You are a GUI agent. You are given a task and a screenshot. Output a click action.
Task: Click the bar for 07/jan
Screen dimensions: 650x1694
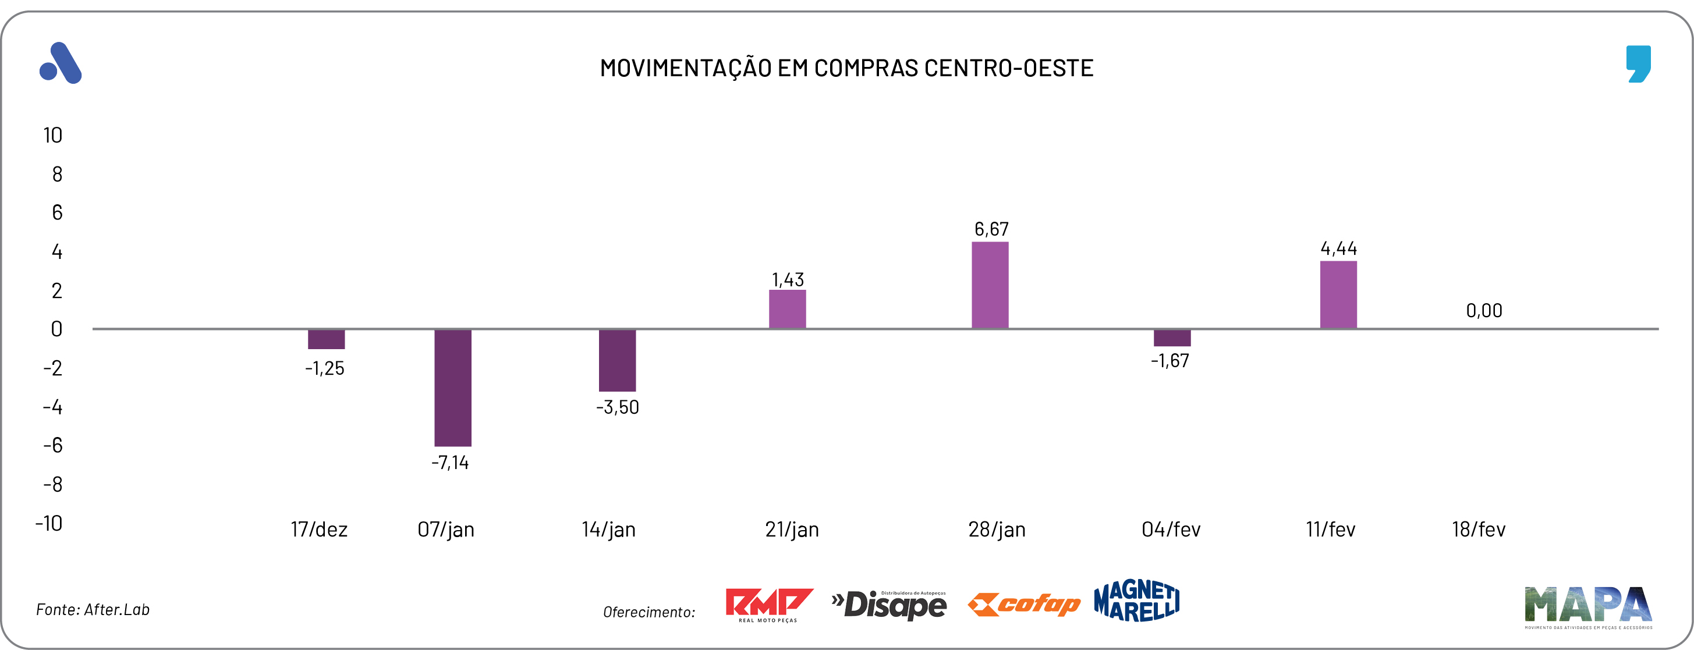(x=452, y=388)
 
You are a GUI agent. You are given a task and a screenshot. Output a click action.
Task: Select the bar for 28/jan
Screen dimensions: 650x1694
(x=990, y=285)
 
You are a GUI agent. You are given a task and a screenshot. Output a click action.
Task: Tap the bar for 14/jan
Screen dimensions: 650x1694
(x=617, y=360)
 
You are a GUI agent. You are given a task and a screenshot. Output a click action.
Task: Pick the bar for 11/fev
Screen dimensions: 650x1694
(x=1338, y=294)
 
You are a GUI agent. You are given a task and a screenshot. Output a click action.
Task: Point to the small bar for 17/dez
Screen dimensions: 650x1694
(x=326, y=339)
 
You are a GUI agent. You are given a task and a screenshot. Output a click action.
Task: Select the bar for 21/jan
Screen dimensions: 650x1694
(x=787, y=309)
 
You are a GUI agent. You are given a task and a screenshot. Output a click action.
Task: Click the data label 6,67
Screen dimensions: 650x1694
(x=991, y=229)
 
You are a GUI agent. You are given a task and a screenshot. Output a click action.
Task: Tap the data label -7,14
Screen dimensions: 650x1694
(x=450, y=463)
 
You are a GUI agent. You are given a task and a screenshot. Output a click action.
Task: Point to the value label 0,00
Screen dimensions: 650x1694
(x=1484, y=310)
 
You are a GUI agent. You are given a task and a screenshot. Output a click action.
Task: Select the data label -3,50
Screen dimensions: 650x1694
(x=617, y=407)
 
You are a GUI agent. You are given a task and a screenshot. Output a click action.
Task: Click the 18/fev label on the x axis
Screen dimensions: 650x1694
(x=1478, y=529)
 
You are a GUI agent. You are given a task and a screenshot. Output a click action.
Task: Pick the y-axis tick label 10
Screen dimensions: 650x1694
(x=52, y=136)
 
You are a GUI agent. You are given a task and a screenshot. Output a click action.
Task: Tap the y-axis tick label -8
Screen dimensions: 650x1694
(x=52, y=484)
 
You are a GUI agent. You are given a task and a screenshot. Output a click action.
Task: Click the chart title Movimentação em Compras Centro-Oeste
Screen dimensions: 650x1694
(x=846, y=68)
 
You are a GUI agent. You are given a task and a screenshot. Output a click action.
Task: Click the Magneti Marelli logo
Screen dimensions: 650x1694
(x=1136, y=601)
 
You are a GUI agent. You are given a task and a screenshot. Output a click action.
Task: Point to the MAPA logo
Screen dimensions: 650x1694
(x=1587, y=606)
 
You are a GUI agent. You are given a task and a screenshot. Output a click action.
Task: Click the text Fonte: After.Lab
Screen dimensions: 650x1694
(x=93, y=609)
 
